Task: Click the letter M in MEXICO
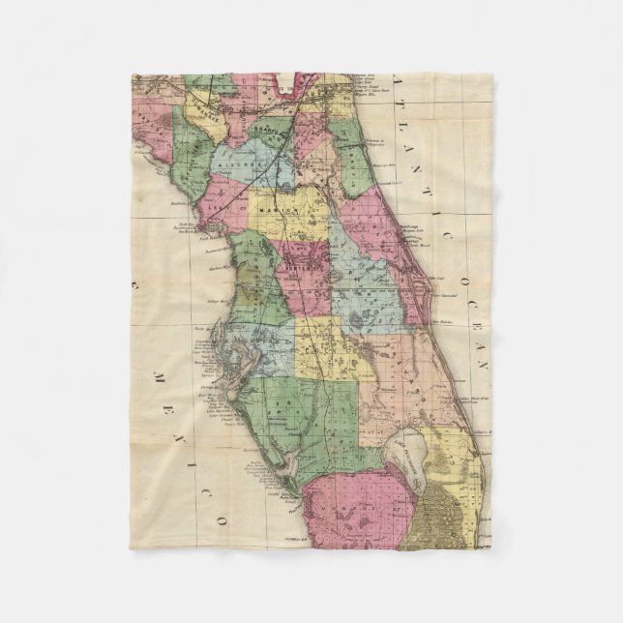[155, 371]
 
